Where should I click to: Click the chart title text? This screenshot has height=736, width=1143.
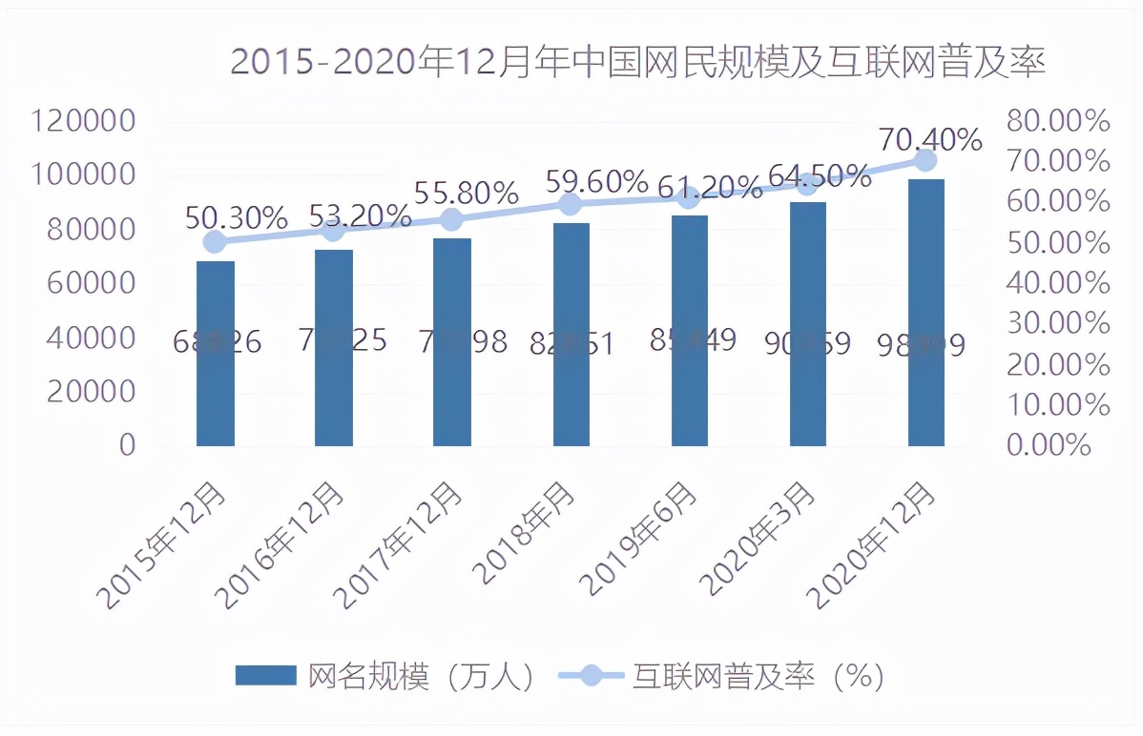(637, 63)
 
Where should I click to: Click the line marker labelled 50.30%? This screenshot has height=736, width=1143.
(216, 242)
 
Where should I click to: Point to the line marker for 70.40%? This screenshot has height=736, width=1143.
(925, 160)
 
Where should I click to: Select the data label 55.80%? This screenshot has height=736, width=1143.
(466, 194)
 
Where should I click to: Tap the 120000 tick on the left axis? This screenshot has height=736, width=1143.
(84, 121)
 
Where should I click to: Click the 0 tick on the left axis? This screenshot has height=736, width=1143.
(127, 445)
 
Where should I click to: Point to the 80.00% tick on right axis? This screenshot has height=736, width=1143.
(1059, 121)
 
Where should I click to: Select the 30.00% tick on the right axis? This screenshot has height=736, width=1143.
(1059, 324)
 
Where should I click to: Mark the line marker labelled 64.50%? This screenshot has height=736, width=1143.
(807, 184)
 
